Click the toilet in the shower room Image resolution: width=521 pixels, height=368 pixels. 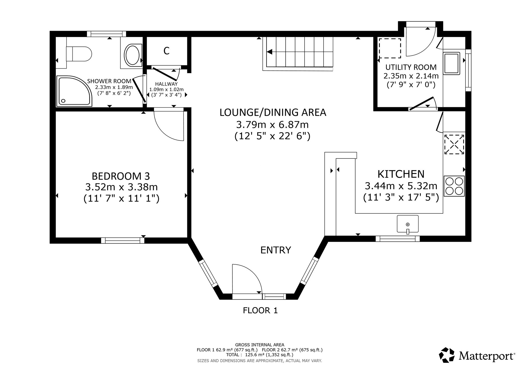[x=78, y=54]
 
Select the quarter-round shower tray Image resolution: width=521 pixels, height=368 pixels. [x=75, y=91]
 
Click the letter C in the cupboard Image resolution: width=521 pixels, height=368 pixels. [x=166, y=51]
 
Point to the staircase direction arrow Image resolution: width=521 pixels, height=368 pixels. [x=270, y=52]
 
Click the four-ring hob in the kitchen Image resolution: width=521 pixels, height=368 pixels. [x=454, y=186]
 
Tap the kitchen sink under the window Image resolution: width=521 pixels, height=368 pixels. [x=408, y=224]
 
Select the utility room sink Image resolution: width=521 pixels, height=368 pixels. [x=452, y=63]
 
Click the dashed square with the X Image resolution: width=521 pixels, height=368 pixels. [x=454, y=144]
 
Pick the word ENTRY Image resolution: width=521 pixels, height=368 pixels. [x=276, y=250]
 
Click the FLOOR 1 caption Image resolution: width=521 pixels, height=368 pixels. [x=260, y=310]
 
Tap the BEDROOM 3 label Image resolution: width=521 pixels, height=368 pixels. [x=121, y=176]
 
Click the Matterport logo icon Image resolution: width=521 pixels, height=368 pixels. [x=447, y=355]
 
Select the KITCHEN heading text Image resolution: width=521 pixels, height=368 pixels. [x=401, y=174]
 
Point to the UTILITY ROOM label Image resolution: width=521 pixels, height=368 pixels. [x=411, y=67]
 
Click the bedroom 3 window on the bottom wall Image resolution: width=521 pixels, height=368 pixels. [x=122, y=240]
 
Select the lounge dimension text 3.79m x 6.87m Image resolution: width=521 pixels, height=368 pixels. [x=272, y=125]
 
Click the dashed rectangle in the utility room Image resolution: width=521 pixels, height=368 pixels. [x=390, y=48]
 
